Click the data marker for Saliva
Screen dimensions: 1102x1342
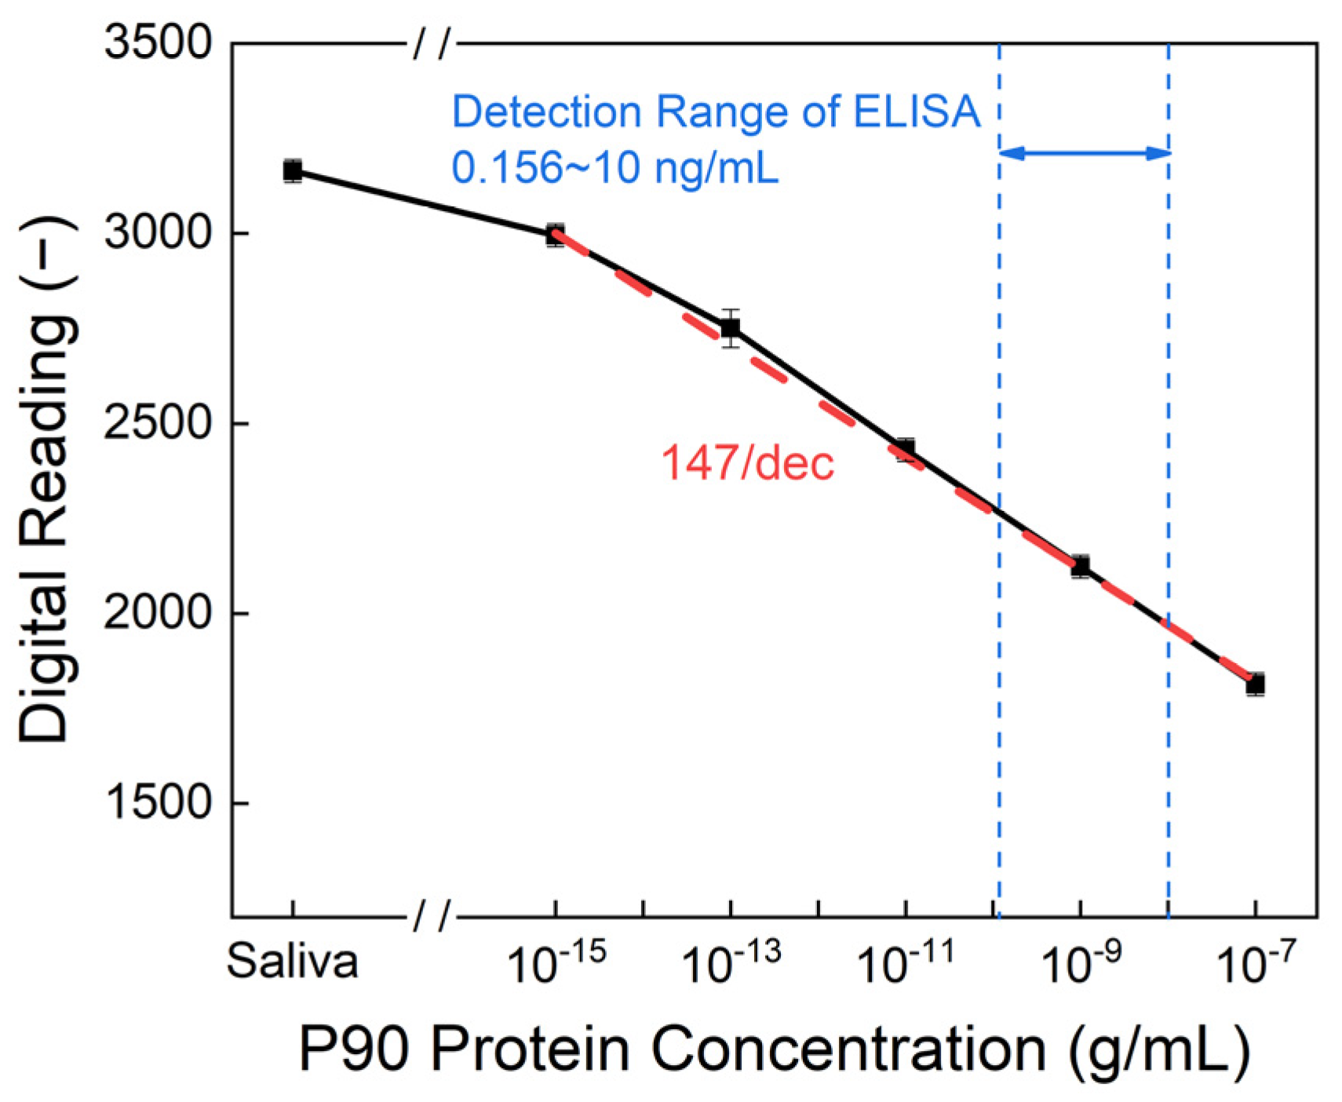coord(293,170)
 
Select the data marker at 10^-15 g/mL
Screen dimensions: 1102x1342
coord(556,234)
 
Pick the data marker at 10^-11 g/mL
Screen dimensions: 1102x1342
coord(906,449)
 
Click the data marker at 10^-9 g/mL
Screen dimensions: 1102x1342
coord(1081,565)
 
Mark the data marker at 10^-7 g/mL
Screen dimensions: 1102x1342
coord(1256,684)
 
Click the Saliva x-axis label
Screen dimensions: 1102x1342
coord(293,962)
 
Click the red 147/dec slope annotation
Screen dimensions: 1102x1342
coord(747,463)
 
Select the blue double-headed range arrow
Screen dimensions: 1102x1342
coord(1084,153)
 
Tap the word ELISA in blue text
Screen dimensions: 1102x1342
coord(916,111)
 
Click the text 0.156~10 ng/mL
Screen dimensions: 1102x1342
coord(614,167)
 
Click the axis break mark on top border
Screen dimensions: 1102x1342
coord(433,45)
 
